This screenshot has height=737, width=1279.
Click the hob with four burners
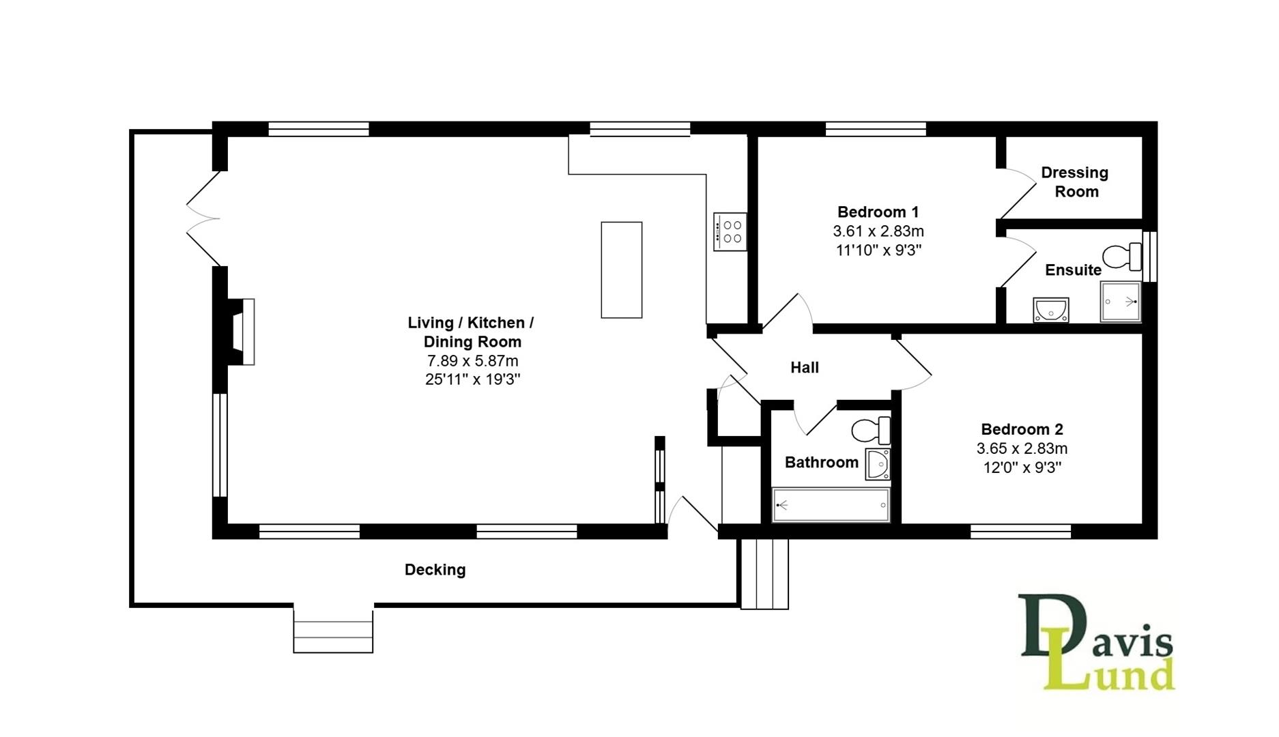pyautogui.click(x=730, y=231)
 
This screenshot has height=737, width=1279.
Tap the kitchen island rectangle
pyautogui.click(x=621, y=270)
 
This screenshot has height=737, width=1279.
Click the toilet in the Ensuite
pyautogui.click(x=1123, y=257)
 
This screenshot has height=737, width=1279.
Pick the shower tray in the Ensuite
pyautogui.click(x=1120, y=301)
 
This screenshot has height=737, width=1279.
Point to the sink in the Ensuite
pyautogui.click(x=1050, y=310)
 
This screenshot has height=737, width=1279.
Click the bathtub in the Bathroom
pyautogui.click(x=831, y=505)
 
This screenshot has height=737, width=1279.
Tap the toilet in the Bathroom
pyautogui.click(x=871, y=431)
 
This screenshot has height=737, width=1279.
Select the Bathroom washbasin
pyautogui.click(x=878, y=464)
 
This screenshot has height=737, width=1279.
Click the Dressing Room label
pyautogui.click(x=1075, y=182)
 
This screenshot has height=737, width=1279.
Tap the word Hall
pyautogui.click(x=804, y=368)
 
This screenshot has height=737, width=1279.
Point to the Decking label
pyautogui.click(x=435, y=570)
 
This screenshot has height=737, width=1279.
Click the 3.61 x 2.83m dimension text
pyautogui.click(x=878, y=231)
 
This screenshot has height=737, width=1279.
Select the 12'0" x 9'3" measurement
pyautogui.click(x=1022, y=468)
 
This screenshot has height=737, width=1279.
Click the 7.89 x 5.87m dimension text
pyautogui.click(x=472, y=361)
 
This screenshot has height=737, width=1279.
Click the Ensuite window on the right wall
pyautogui.click(x=1149, y=257)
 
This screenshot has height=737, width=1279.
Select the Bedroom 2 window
pyautogui.click(x=1020, y=531)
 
